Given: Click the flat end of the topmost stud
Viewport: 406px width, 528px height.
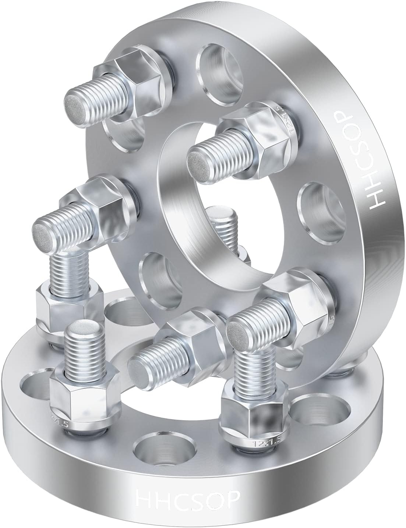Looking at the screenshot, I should coord(75,101).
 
